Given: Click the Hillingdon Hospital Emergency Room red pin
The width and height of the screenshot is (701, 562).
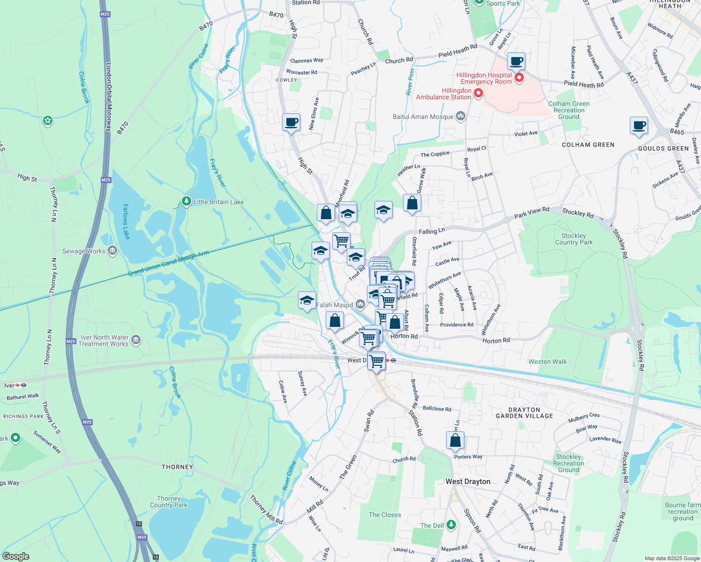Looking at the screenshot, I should (519, 78).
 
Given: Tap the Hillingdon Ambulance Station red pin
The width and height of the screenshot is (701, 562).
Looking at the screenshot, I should (478, 94).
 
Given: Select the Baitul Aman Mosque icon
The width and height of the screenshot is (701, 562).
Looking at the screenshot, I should (460, 116).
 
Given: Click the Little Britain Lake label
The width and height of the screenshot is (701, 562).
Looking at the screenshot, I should (218, 202).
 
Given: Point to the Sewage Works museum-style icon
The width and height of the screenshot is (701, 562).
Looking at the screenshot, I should (112, 251).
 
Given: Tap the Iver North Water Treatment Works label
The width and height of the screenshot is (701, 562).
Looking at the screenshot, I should (104, 340).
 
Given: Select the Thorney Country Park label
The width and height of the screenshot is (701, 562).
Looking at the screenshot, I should (169, 502).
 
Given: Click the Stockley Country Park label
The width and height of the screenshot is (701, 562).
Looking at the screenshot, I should (574, 239).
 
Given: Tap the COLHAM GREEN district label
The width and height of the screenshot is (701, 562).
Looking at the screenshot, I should (588, 145).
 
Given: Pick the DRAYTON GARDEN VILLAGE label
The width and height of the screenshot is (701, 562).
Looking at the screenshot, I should (524, 413).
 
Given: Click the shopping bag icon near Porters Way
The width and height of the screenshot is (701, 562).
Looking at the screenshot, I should (455, 440).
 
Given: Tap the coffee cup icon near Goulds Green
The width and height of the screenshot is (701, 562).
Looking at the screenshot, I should (639, 126).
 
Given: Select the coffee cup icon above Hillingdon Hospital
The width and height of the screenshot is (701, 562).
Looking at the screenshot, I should (516, 61).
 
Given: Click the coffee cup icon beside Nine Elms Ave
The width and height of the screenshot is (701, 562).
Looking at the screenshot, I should (291, 123).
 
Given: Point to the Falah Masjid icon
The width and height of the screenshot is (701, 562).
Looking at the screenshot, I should (360, 305).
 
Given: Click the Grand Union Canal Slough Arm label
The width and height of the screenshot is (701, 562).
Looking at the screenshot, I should (169, 264).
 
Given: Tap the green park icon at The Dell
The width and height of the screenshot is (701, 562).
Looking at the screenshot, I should (451, 525).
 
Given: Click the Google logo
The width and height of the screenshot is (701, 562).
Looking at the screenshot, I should (16, 556).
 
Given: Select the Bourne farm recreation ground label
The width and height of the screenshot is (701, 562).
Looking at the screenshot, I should (683, 511).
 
